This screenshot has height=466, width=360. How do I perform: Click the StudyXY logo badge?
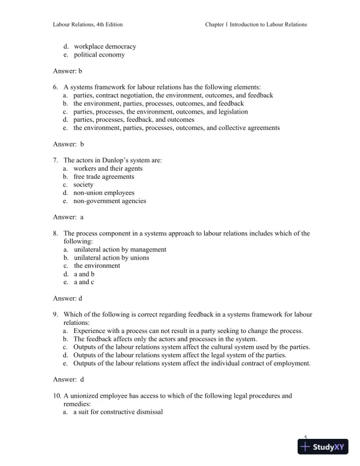tap(323, 447)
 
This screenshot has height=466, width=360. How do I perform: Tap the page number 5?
tap(306, 437)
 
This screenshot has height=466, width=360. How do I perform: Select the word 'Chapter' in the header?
tap(216, 25)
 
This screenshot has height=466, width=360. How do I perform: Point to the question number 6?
tap(55, 86)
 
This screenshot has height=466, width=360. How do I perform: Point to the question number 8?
tap(55, 233)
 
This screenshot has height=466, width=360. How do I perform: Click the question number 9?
tap(55, 314)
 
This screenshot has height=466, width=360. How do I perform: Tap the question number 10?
tap(56, 395)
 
